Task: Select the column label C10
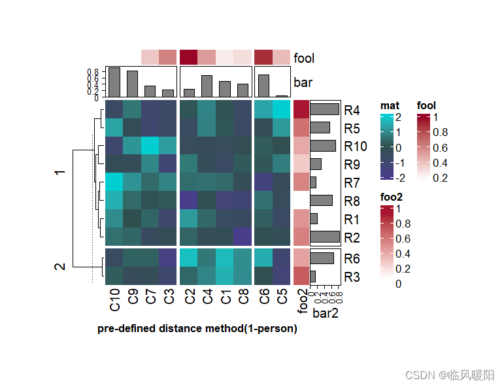(x=114, y=303)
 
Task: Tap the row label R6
(x=352, y=258)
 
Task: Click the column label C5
(x=281, y=300)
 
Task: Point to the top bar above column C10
(x=114, y=82)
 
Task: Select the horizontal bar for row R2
(x=325, y=237)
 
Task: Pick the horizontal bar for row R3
(x=313, y=277)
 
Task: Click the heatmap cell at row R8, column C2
(x=189, y=200)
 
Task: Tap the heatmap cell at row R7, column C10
(x=114, y=182)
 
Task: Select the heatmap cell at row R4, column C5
(x=281, y=109)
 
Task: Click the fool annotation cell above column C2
(x=189, y=58)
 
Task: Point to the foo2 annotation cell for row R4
(x=301, y=109)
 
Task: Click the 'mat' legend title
(x=390, y=105)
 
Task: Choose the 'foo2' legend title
(x=392, y=197)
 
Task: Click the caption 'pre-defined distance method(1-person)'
(x=197, y=329)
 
